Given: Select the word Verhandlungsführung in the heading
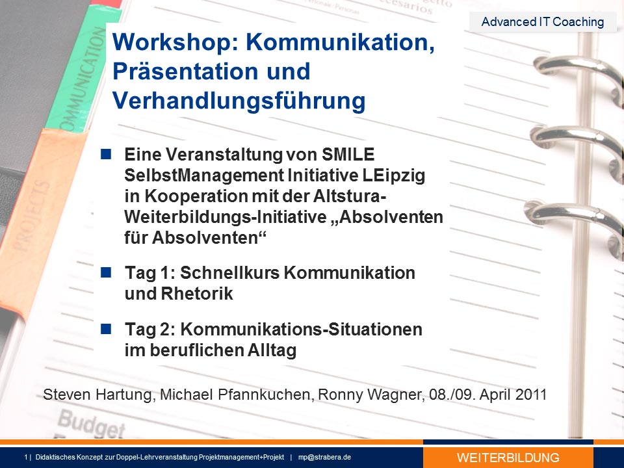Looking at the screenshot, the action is (x=239, y=101).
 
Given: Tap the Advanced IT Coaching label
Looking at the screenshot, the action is (x=542, y=21).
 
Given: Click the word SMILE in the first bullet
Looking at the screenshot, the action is (x=348, y=155).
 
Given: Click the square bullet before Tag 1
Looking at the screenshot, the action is (x=106, y=272).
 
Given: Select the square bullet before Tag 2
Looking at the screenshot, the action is (x=106, y=329).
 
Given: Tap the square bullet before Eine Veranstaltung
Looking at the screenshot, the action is (x=106, y=155).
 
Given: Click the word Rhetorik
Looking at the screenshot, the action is (x=197, y=294).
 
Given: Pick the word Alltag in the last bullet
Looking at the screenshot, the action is (x=272, y=350).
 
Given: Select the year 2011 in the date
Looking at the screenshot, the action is (x=530, y=395).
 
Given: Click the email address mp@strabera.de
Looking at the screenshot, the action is (x=324, y=457).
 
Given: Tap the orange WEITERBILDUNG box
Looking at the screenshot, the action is (x=508, y=457).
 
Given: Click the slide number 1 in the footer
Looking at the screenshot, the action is (x=26, y=457).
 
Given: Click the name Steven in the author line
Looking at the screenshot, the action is (x=67, y=395).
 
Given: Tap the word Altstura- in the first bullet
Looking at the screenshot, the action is (x=350, y=196).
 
